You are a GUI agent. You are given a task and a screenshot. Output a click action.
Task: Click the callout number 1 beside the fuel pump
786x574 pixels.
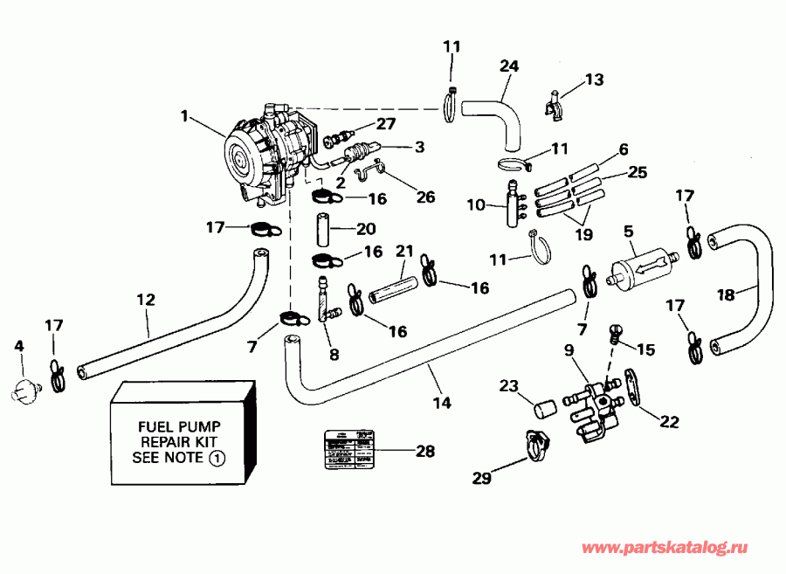(184, 114)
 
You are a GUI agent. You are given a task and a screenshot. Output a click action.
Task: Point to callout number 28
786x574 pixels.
(425, 451)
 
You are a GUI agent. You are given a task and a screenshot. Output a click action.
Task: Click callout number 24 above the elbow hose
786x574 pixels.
(509, 66)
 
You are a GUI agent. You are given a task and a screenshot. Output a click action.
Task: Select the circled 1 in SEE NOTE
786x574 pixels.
(218, 457)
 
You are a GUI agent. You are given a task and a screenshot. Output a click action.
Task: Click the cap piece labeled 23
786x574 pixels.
(545, 407)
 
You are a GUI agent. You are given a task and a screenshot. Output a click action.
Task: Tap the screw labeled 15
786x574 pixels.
(615, 334)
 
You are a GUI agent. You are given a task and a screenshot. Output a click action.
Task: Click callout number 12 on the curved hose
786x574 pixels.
(145, 300)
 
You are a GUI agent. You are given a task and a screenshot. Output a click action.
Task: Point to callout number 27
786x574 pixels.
(385, 123)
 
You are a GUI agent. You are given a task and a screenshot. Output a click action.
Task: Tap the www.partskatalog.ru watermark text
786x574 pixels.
(665, 548)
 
